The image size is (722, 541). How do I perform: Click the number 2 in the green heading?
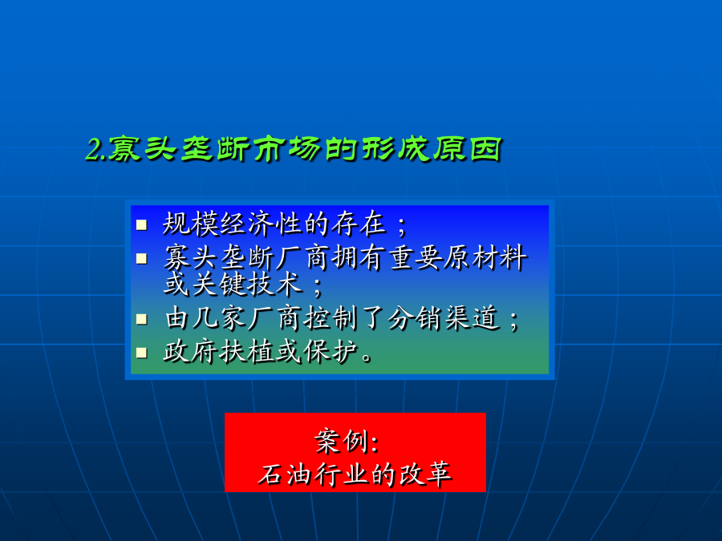point(94,150)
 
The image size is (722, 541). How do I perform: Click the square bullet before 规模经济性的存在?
point(141,225)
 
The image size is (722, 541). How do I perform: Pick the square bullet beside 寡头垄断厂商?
point(141,259)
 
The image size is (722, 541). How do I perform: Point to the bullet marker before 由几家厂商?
point(141,319)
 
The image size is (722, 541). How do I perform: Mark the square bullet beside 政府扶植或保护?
point(141,353)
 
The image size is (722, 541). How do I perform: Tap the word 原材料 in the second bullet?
point(485,257)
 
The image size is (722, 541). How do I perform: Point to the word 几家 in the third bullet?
point(219,318)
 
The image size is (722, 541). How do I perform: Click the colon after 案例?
point(374,443)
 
